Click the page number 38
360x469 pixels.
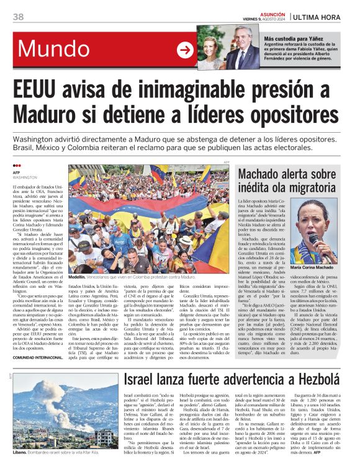pos(18,16)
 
